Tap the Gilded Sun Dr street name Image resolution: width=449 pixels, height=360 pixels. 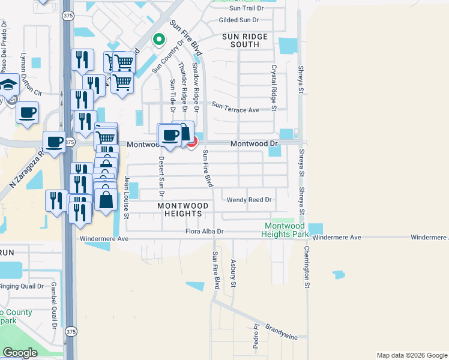(238, 20)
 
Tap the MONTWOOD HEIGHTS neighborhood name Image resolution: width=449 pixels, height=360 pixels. (182, 209)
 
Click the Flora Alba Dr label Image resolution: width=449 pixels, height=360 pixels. (204, 231)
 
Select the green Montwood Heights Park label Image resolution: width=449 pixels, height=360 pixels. (286, 230)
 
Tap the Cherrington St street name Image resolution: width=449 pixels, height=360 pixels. (306, 267)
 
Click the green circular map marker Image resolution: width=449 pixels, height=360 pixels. (158, 40)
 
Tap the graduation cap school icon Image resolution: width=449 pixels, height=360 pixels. (9, 85)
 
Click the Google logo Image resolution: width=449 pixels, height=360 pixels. (20, 353)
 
